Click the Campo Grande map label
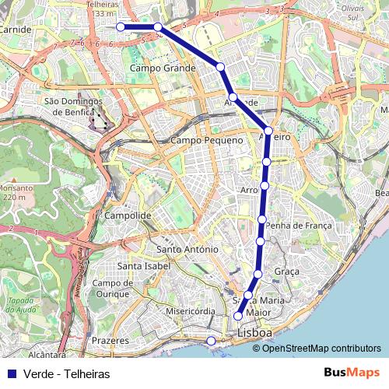point(163,68)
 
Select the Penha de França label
point(299,226)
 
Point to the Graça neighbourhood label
point(287,272)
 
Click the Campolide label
point(127,215)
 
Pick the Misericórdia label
point(191,311)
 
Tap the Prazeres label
point(109,341)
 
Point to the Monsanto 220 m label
point(16,192)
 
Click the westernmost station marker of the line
point(121,26)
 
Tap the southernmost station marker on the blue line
point(238,316)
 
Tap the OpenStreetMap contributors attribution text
point(321,349)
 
